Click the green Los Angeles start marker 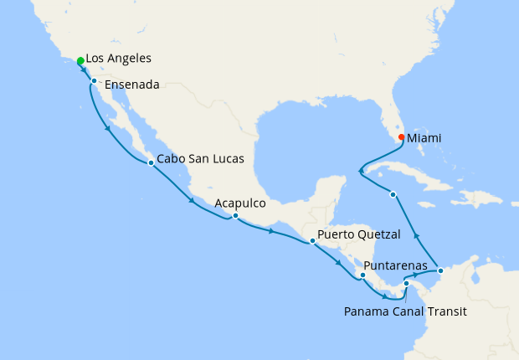pyautogui.click(x=80, y=61)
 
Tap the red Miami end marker pyautogui.click(x=401, y=137)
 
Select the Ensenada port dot pyautogui.click(x=95, y=81)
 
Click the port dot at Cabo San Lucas pyautogui.click(x=151, y=162)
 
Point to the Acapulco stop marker pyautogui.click(x=235, y=216)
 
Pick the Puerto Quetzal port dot pyautogui.click(x=312, y=241)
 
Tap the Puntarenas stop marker pyautogui.click(x=362, y=275)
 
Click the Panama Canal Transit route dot pyautogui.click(x=406, y=284)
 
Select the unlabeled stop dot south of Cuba pyautogui.click(x=393, y=194)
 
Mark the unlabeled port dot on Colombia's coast pyautogui.click(x=441, y=270)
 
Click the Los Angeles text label pyautogui.click(x=119, y=59)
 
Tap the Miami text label pyautogui.click(x=424, y=138)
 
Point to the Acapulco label pyautogui.click(x=240, y=203)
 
